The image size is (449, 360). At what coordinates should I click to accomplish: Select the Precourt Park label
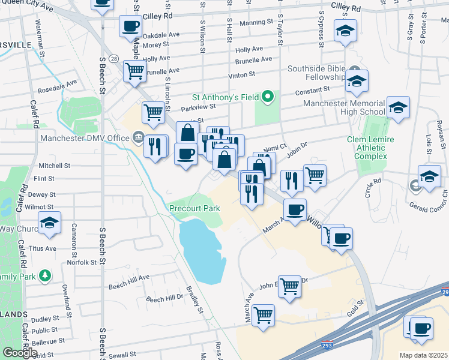tap(194, 208)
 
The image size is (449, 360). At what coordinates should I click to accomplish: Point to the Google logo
tap(20, 352)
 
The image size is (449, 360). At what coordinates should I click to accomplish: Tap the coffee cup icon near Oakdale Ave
tap(131, 27)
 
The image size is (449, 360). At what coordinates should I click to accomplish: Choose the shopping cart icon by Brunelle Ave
tap(134, 71)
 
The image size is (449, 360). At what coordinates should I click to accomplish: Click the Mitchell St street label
tap(55, 166)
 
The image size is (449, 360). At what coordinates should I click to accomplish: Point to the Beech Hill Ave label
tap(129, 278)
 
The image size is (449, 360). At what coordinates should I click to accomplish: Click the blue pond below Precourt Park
tap(202, 251)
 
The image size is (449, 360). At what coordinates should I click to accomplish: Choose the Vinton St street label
tap(242, 75)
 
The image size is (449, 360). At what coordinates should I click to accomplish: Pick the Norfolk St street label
tap(82, 262)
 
